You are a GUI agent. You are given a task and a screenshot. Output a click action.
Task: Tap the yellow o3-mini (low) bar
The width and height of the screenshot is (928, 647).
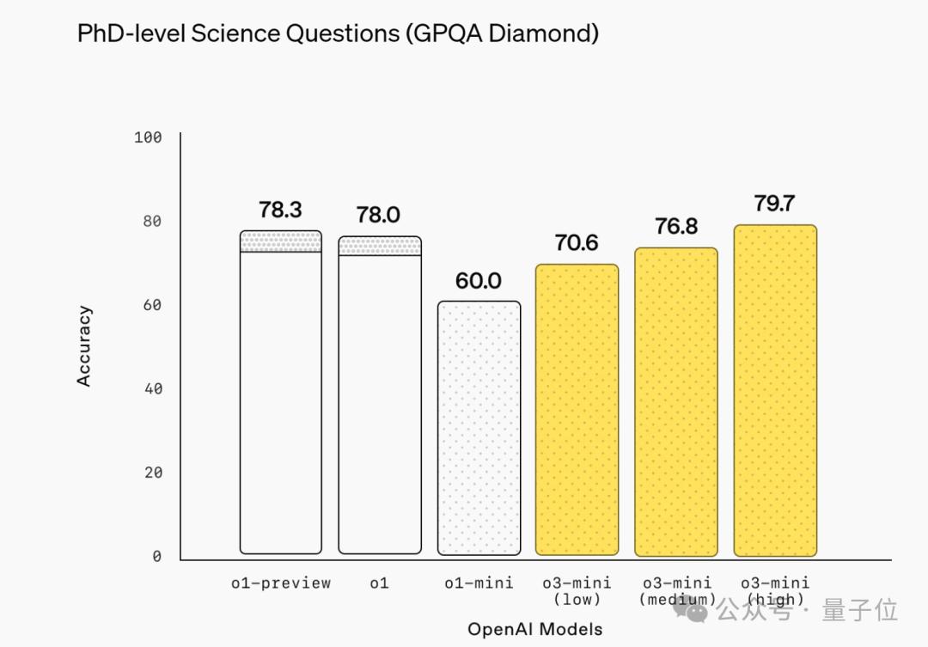pos(577,410)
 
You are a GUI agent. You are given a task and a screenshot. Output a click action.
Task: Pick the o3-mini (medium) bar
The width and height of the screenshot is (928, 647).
pos(675,401)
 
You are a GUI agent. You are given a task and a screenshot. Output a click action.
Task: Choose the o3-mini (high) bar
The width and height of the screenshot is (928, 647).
pos(774,391)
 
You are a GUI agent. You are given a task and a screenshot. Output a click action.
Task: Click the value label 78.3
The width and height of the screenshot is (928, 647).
pos(280,211)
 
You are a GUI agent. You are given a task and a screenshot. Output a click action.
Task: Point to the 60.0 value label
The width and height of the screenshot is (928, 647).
pos(479,281)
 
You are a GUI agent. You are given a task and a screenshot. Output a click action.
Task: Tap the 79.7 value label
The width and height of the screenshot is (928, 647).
pos(774,204)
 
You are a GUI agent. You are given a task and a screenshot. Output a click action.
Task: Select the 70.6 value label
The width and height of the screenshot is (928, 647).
pos(577,243)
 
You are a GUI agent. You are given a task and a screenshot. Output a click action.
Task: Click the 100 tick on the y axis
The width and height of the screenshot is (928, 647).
pos(148,137)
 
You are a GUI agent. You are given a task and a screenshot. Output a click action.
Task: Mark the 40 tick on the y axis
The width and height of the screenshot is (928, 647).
pos(152,389)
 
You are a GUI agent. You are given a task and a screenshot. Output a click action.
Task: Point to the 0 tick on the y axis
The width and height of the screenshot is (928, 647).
pos(156,557)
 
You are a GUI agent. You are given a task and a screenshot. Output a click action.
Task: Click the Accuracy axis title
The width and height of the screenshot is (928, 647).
pos(84,346)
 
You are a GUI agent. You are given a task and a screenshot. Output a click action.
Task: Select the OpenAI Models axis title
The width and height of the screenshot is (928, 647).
pos(534,629)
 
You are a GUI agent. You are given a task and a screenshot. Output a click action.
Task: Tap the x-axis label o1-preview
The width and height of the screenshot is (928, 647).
pos(280,583)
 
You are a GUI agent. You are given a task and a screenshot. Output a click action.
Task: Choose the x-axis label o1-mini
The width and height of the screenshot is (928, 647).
pos(479,583)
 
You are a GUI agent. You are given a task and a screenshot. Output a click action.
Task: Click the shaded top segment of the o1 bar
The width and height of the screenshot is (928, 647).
pos(380,247)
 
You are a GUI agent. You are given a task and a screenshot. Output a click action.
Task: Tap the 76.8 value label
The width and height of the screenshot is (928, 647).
pos(675,227)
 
